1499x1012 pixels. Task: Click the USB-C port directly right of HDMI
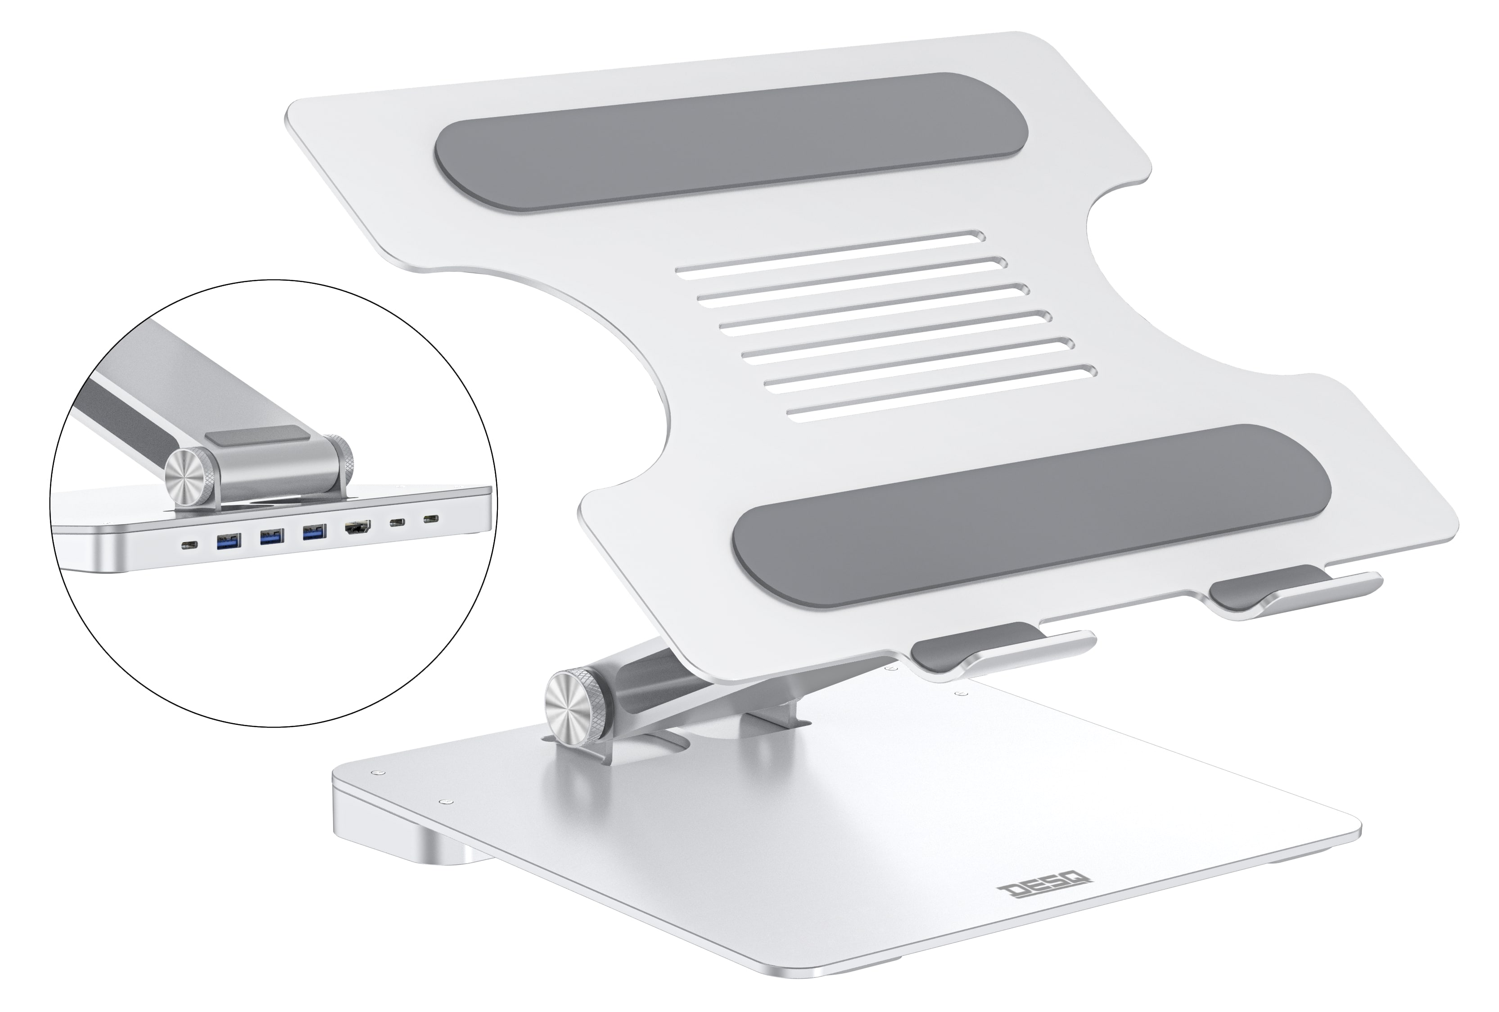[x=395, y=523]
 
